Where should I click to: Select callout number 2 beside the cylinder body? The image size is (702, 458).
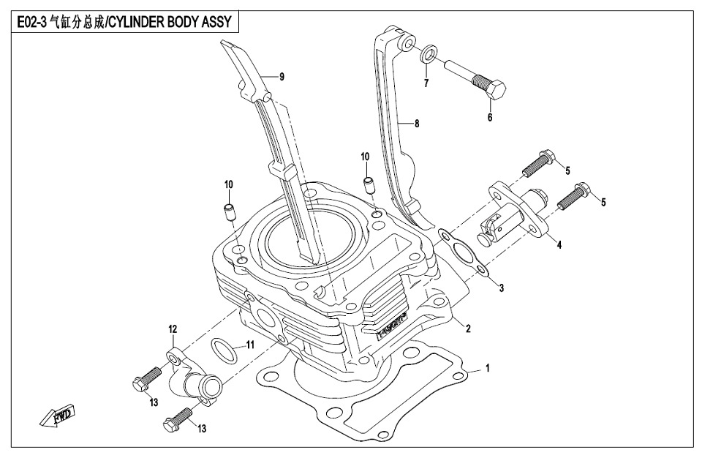tap(467, 329)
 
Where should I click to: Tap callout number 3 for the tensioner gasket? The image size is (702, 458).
tap(502, 288)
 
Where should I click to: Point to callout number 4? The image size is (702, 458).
tap(559, 245)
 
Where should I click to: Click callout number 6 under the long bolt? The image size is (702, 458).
tap(490, 117)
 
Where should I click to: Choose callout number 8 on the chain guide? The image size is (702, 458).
tap(416, 124)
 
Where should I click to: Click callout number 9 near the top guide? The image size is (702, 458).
tap(282, 76)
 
